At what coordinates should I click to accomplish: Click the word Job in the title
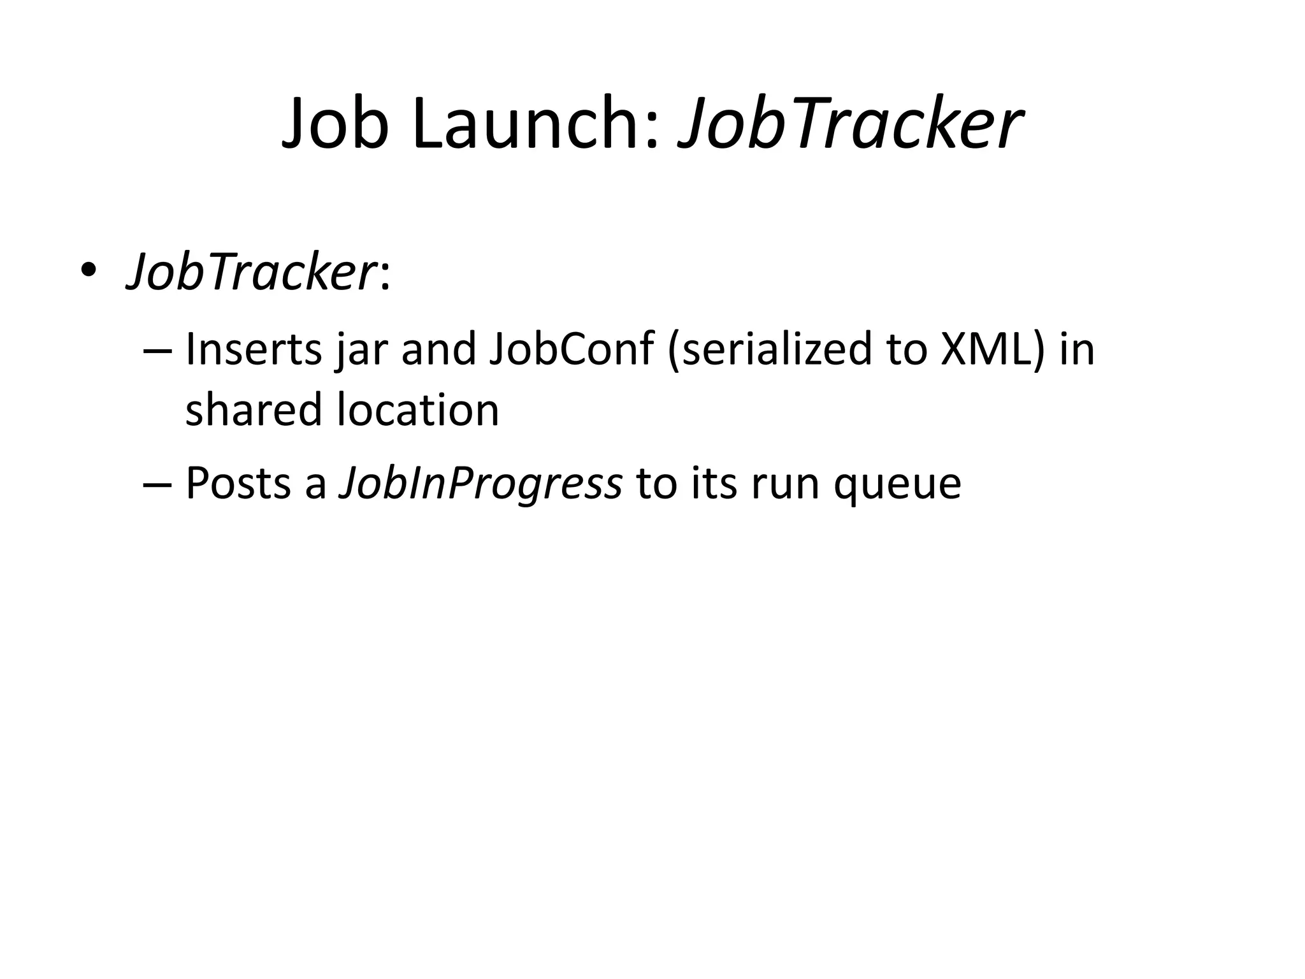[x=335, y=124]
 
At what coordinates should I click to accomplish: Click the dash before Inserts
[x=158, y=351]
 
